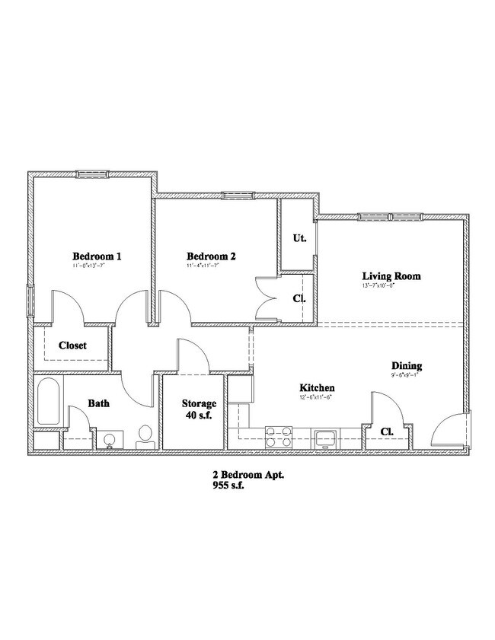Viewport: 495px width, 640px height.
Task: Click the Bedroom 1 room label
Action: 97,256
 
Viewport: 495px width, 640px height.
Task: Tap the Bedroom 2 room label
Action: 211,256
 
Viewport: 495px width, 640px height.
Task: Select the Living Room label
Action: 391,276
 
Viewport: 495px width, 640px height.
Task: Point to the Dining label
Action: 407,365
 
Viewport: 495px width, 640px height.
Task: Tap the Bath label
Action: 99,403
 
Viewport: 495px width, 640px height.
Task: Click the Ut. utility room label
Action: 300,238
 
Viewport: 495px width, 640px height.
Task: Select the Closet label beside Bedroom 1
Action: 72,345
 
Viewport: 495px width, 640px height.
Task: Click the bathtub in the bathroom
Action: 49,402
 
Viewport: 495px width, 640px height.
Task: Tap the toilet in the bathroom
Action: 145,435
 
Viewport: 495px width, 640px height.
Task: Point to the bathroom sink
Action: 109,439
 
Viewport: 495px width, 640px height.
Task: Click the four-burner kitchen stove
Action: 279,437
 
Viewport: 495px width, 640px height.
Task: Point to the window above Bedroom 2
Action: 238,196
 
